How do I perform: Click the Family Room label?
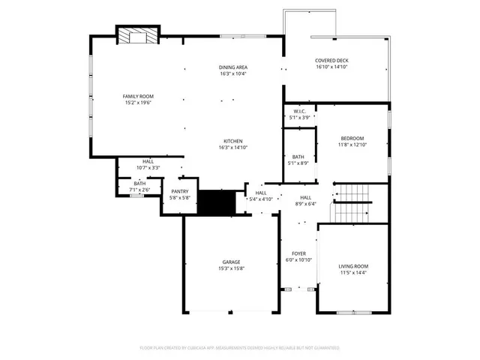(139, 97)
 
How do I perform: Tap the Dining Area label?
(233, 67)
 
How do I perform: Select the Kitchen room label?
(233, 141)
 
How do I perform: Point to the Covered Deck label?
(331, 61)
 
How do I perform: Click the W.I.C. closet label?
(299, 111)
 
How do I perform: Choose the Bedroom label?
(352, 138)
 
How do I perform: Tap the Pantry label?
(180, 191)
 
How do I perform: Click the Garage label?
(231, 262)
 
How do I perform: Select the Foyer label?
(298, 253)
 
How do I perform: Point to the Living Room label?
(353, 265)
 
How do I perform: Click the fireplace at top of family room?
(137, 36)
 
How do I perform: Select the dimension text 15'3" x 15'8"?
(231, 268)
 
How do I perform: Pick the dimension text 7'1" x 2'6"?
(139, 190)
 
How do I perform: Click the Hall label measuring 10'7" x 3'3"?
(148, 161)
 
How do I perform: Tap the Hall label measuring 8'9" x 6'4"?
(306, 197)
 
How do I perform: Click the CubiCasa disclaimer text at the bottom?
(240, 348)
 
